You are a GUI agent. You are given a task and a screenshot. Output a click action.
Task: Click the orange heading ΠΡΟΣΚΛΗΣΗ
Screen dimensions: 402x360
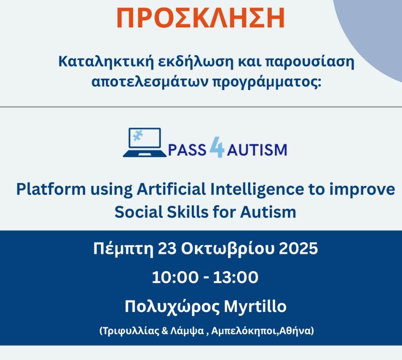coord(201,18)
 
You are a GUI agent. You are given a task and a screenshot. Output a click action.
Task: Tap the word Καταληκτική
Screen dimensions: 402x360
coord(106,62)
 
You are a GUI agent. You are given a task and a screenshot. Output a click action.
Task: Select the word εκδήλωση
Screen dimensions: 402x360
coord(196,62)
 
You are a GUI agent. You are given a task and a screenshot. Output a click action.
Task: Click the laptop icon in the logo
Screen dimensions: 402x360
coord(145,142)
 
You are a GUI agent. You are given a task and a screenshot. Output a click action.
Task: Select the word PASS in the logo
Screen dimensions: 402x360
coord(187,150)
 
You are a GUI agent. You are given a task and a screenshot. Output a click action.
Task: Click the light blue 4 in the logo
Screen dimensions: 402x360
coord(217,147)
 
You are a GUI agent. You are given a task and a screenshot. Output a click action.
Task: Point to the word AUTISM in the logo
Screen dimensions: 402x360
coord(257,150)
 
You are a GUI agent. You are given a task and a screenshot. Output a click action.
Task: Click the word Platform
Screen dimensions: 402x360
coord(51,189)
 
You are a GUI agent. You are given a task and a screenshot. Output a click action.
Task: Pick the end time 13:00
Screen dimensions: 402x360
coord(236,278)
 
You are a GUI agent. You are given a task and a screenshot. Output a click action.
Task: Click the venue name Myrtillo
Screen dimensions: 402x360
coord(255,307)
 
